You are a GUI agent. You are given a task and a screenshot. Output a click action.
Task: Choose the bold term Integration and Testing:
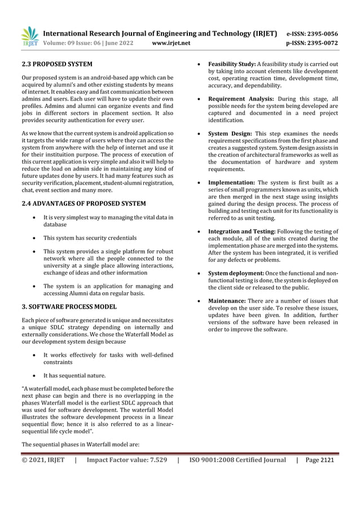click(242, 232)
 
